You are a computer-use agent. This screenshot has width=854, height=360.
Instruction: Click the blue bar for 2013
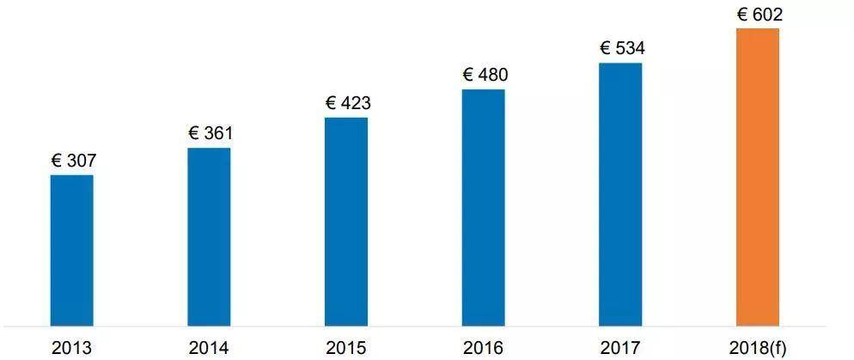(72, 251)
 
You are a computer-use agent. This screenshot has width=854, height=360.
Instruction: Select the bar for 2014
(209, 237)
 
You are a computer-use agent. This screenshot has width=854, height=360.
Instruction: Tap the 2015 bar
(346, 222)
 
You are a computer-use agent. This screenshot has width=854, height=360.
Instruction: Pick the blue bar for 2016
(484, 208)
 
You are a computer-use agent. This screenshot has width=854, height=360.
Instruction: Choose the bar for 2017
(620, 194)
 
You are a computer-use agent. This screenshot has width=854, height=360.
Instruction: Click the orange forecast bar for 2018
(758, 177)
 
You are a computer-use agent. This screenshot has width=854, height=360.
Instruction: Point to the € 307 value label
(73, 161)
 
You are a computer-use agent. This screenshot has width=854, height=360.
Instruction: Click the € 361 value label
(210, 133)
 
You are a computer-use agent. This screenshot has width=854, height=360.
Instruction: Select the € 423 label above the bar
(348, 103)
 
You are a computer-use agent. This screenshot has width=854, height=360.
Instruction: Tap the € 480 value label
(485, 75)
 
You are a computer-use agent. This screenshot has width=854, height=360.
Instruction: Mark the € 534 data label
(622, 47)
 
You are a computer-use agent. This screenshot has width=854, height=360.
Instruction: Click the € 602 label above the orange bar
(759, 14)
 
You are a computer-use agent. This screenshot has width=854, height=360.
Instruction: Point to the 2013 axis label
(71, 348)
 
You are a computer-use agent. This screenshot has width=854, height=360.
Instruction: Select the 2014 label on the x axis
(209, 348)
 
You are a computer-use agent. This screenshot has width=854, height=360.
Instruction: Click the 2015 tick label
(346, 348)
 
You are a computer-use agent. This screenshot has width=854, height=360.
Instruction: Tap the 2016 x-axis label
(484, 348)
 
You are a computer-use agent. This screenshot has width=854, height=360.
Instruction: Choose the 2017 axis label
(620, 348)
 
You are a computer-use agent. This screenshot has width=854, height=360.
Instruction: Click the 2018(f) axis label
(758, 348)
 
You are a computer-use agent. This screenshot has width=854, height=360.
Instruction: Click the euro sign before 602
(743, 14)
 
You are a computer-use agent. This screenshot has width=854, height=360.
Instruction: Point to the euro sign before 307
(57, 161)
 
